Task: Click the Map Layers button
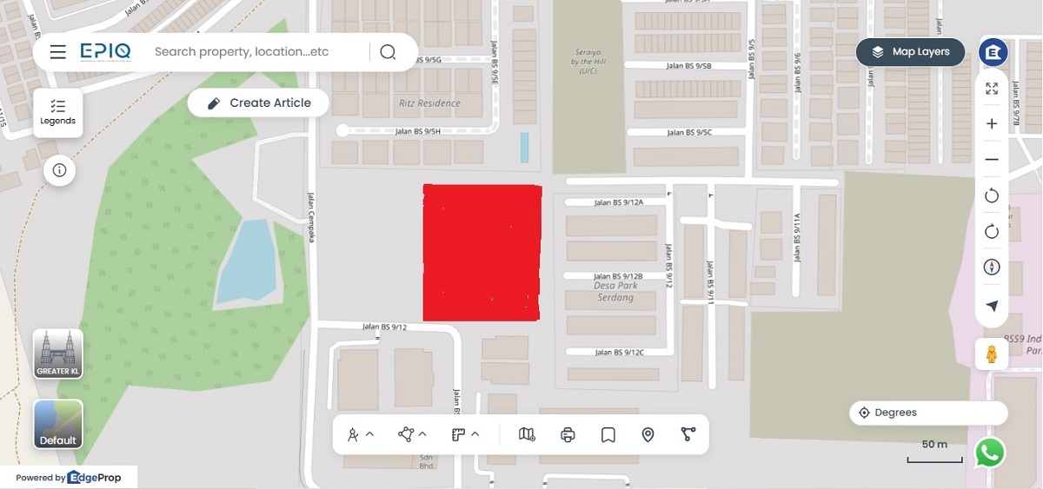point(910,52)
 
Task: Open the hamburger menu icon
point(58,52)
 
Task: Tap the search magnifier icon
point(388,52)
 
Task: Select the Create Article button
point(258,102)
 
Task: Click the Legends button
point(58,112)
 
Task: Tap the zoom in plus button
point(992,123)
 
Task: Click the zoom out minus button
point(992,160)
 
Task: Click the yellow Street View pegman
point(992,354)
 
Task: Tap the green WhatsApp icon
point(990,453)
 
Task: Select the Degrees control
point(927,413)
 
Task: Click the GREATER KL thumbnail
point(58,354)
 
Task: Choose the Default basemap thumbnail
point(58,424)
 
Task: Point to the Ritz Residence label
point(429,103)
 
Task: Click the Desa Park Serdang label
point(615,291)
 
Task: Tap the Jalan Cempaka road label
point(310,216)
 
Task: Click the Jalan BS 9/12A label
point(619,202)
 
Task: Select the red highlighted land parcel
point(482,252)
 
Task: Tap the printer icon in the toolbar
point(568,434)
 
